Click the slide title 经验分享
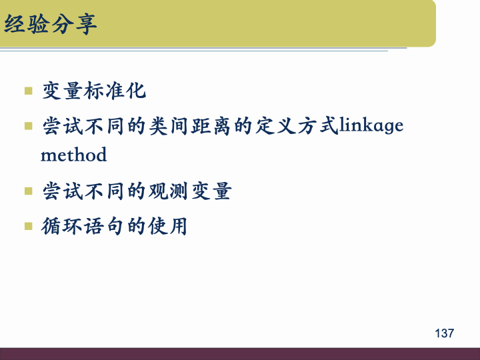(x=51, y=25)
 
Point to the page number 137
(x=444, y=333)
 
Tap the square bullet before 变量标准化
(x=28, y=91)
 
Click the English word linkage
(x=371, y=125)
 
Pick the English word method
(x=73, y=155)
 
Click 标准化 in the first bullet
(x=115, y=91)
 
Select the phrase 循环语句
(x=83, y=226)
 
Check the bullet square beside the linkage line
(x=28, y=125)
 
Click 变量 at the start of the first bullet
(x=62, y=91)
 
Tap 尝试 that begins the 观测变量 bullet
(x=62, y=192)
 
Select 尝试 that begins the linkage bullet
(x=62, y=125)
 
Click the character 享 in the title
(x=85, y=25)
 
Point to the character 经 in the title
(x=15, y=25)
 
